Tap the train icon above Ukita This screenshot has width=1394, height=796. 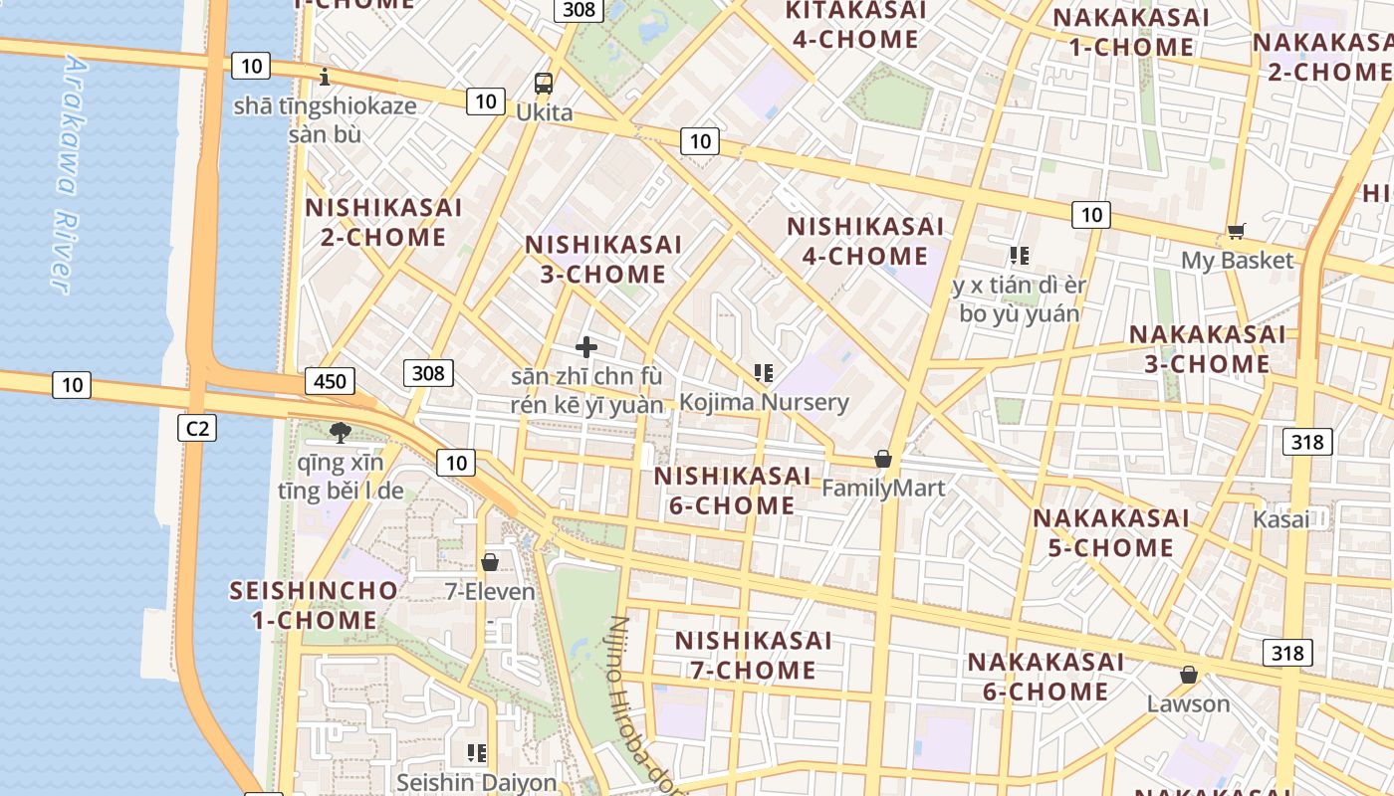coord(544,83)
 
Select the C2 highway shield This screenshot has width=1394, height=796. coord(196,428)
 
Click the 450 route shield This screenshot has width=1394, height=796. coord(330,381)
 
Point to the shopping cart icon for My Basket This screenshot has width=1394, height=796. coord(1237,232)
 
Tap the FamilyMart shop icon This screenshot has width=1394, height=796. coord(882,459)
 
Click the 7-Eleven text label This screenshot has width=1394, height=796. coord(490,592)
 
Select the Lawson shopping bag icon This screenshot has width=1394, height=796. coord(1189,675)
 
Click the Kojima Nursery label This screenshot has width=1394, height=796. coord(764,403)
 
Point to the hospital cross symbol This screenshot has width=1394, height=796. coord(586,347)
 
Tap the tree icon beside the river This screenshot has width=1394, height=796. coord(340,432)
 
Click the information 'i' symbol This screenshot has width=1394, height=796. coord(325,76)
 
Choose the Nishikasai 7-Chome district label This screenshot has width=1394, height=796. coord(753,655)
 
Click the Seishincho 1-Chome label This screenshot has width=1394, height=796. coord(314,605)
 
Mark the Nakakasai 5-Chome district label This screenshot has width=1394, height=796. coord(1111,532)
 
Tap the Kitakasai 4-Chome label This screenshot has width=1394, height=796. coord(854,25)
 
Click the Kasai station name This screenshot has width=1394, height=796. coord(1281,519)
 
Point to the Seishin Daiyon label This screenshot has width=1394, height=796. coord(477,782)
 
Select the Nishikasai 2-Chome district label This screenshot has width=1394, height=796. coord(383,222)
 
